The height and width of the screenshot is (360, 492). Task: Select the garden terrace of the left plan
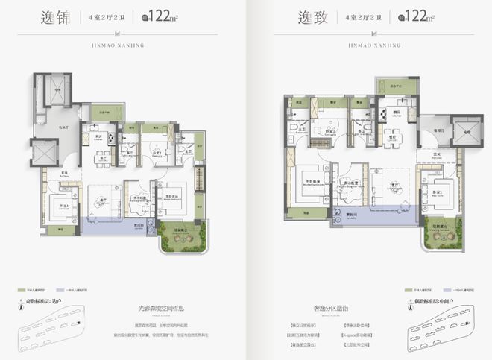179,239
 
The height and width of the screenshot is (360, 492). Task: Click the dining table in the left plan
102,158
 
